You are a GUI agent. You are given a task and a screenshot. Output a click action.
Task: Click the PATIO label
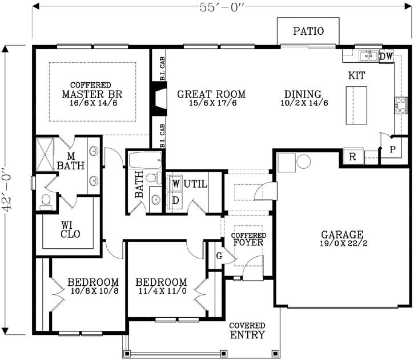click(x=308, y=31)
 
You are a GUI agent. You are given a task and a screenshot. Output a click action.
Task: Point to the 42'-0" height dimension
click(x=8, y=189)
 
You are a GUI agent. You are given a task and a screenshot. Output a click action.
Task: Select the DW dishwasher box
click(x=387, y=56)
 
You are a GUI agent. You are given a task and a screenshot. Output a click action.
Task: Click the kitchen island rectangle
click(x=356, y=106)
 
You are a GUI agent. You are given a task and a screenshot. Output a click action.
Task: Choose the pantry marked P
click(x=393, y=149)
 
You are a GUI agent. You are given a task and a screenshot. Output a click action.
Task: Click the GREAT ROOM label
click(x=211, y=98)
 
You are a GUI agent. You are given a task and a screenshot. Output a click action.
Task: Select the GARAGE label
click(x=342, y=238)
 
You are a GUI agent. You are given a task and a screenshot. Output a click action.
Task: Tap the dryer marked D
click(x=176, y=200)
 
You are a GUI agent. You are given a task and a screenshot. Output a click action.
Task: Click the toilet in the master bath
click(x=46, y=201)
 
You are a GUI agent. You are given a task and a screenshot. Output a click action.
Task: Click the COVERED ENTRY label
click(x=247, y=331)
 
